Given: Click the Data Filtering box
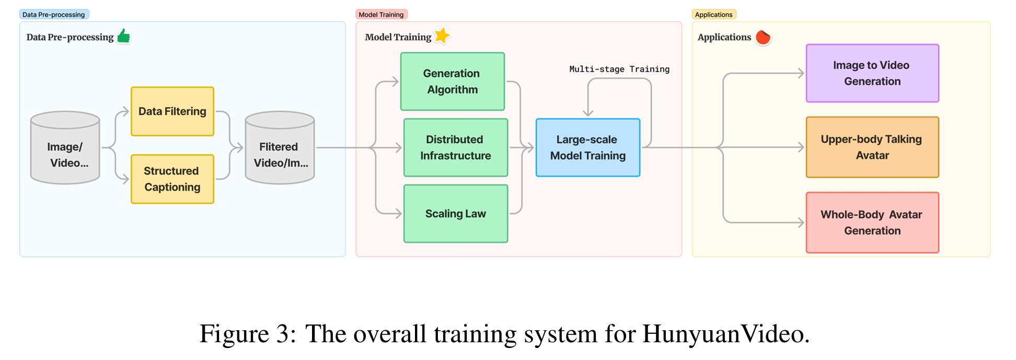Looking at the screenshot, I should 172,111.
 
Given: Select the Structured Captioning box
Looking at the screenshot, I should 172,179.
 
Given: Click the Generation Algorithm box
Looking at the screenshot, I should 452,82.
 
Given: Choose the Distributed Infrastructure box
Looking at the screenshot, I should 455,147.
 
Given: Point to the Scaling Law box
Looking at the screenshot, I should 455,213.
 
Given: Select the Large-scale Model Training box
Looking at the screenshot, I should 587,147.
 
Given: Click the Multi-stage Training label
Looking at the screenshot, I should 619,69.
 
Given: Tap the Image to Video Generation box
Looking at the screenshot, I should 872,73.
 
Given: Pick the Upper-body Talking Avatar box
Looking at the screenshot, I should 872,147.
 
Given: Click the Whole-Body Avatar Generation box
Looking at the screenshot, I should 872,223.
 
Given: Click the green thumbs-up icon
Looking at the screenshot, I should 124,36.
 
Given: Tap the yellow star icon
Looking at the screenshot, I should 442,36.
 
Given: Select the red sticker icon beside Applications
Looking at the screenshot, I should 763,37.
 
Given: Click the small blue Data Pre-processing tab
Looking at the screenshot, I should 54,15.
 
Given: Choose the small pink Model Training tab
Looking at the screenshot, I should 381,15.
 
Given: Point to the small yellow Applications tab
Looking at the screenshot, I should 713,15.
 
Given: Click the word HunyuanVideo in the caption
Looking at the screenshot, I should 725,334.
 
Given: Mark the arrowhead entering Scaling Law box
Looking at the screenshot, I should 398,213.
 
